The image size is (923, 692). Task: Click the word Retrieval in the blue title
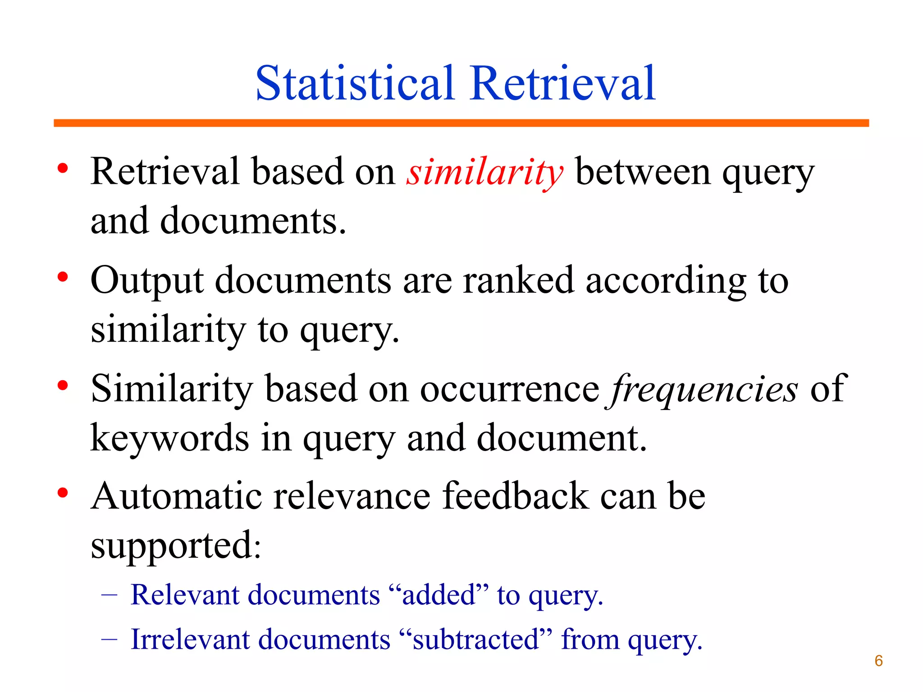(562, 83)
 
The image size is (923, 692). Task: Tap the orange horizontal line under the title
(461, 123)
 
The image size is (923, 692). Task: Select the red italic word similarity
(484, 173)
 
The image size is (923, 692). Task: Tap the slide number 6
(878, 660)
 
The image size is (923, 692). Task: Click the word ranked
(518, 280)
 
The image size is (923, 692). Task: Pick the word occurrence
(509, 389)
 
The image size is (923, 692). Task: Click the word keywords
(169, 438)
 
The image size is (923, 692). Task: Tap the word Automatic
(176, 496)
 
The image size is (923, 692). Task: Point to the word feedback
(516, 496)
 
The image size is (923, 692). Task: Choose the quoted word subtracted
(475, 640)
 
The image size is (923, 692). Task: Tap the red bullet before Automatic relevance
(63, 493)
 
